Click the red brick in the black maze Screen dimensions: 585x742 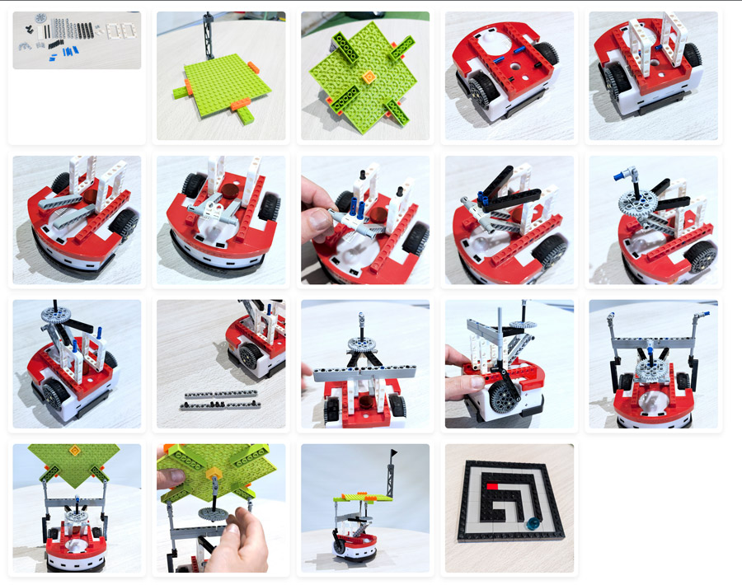click(x=492, y=487)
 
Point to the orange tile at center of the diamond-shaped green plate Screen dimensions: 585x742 click(x=366, y=76)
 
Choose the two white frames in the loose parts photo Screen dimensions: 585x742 click(x=120, y=30)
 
